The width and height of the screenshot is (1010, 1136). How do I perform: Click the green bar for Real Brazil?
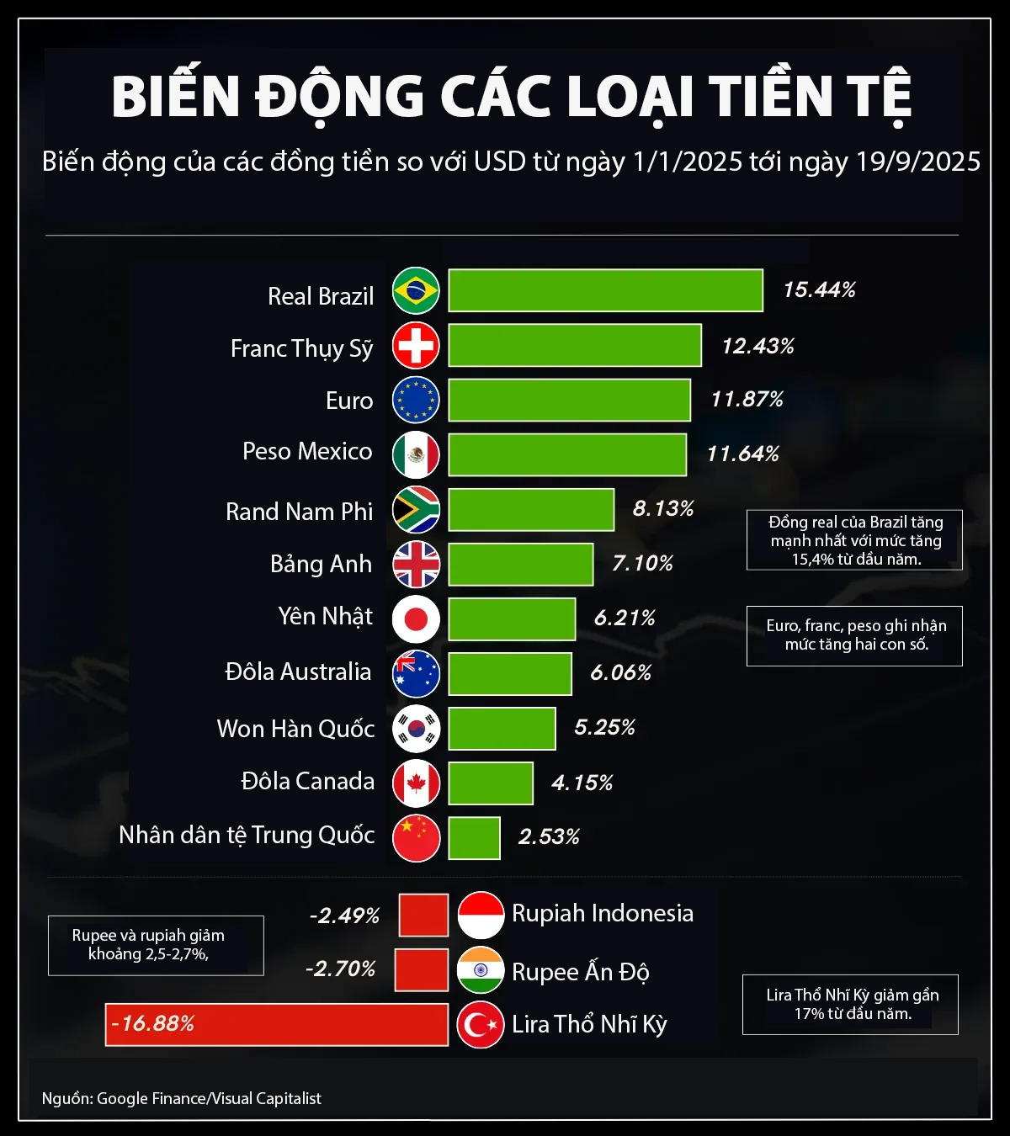click(605, 290)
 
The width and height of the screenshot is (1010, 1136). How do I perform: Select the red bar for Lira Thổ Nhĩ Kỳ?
click(276, 1024)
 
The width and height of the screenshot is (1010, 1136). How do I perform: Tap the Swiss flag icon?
click(416, 345)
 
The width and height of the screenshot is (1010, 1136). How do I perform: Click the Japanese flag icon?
click(416, 619)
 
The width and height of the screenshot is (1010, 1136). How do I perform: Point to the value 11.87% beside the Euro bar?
click(747, 399)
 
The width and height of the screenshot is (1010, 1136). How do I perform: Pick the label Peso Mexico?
click(307, 452)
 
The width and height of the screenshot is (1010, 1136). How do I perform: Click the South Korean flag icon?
click(416, 729)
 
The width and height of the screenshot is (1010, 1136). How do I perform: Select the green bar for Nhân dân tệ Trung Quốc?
click(474, 838)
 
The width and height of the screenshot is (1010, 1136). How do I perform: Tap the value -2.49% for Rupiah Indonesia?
click(344, 916)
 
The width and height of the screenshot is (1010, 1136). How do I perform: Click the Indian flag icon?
click(481, 970)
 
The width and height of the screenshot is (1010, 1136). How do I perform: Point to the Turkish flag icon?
click(481, 1025)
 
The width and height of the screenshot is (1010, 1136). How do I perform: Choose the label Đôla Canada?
click(307, 782)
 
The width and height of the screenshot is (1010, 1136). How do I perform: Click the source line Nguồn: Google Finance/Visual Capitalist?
click(182, 1098)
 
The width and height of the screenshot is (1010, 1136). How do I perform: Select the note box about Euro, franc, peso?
click(854, 635)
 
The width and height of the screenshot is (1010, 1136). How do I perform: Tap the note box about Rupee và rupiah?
click(156, 945)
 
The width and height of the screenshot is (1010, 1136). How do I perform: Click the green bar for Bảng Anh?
click(520, 564)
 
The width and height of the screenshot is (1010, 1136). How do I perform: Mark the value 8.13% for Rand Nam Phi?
click(663, 508)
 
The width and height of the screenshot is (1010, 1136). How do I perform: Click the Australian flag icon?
click(416, 674)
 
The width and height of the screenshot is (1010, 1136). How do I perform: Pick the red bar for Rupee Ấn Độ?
click(421, 970)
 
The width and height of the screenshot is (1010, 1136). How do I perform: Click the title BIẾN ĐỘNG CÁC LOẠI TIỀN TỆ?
click(511, 97)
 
